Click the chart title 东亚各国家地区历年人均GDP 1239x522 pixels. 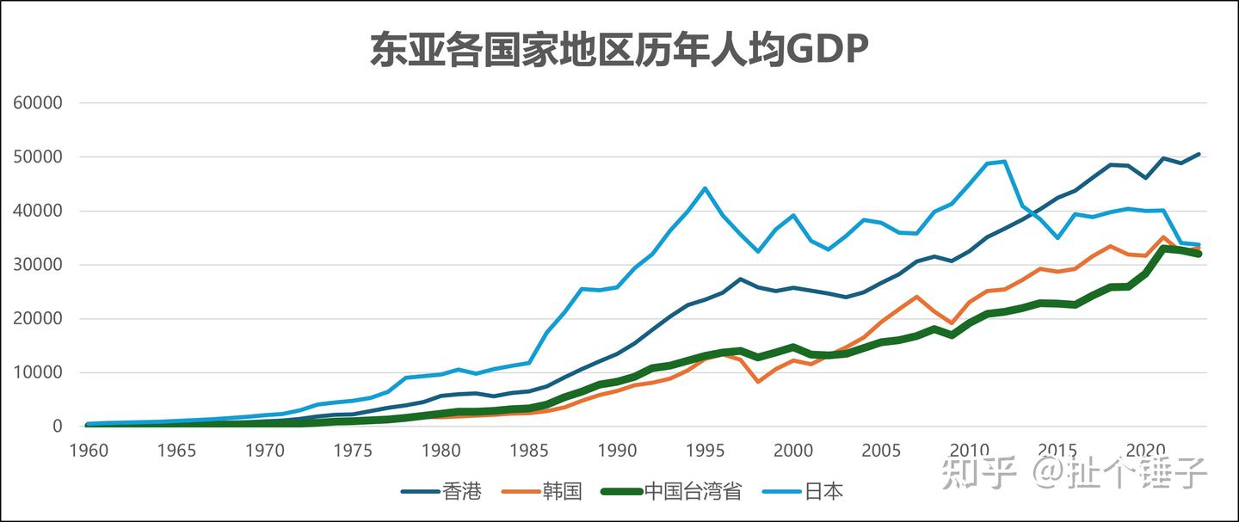pos(619,50)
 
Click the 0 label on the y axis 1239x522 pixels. pos(58,427)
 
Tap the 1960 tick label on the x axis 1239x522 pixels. pos(89,450)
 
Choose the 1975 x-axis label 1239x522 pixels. pos(353,450)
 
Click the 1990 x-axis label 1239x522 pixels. pos(617,450)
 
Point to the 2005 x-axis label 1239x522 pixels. pos(881,450)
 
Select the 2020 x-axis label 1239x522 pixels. pos(1145,450)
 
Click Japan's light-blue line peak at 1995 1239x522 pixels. pos(705,187)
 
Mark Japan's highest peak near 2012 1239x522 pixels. pos(1004,162)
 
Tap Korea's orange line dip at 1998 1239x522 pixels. pos(758,381)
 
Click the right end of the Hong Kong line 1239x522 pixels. pos(1199,155)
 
